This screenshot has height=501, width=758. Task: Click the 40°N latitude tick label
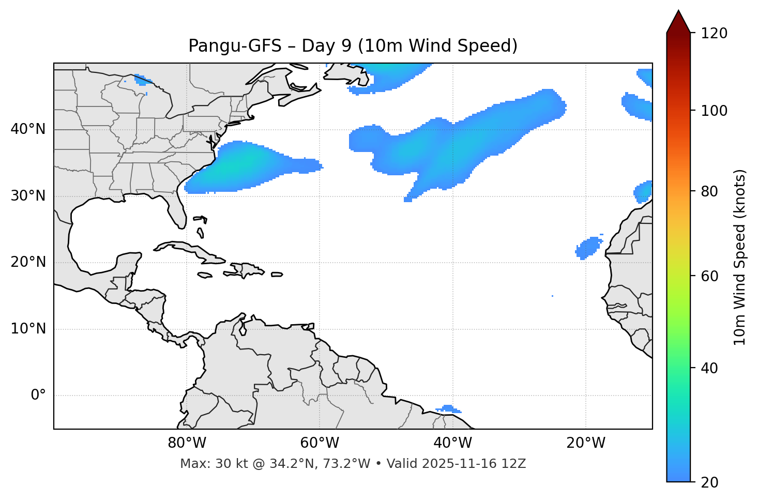[28, 129]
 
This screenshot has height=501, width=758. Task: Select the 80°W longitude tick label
[187, 443]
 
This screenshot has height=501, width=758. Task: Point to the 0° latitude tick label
[38, 396]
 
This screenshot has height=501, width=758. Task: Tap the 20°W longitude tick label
[586, 443]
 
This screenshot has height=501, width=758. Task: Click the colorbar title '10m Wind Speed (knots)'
[740, 257]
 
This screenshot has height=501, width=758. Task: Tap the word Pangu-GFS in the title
[235, 46]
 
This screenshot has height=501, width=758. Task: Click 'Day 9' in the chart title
[326, 46]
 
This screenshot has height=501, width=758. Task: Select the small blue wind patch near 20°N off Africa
[588, 248]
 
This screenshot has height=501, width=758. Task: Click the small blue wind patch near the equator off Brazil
[449, 409]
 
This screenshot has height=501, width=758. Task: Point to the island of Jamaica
[205, 275]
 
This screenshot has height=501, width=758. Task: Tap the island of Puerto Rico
[277, 275]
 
